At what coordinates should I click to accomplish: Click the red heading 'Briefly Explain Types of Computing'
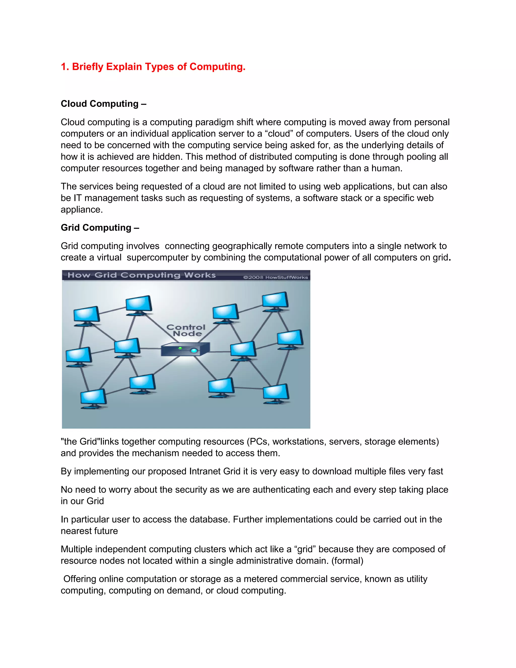coord(153,67)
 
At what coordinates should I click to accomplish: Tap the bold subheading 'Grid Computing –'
coord(100,228)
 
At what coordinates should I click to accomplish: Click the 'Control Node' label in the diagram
coord(186,330)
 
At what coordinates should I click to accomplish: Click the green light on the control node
coord(180,348)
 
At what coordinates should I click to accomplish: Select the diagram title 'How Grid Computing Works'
coord(142,275)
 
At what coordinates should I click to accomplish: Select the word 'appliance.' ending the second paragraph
coord(82,209)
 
